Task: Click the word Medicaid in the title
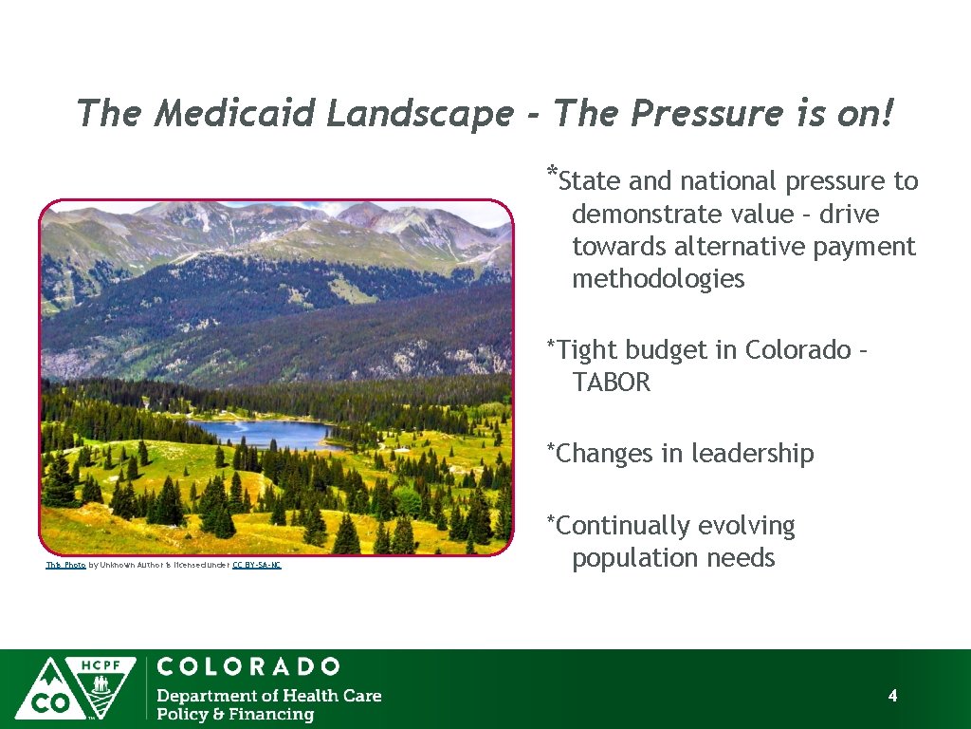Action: tap(237, 114)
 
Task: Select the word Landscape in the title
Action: tap(420, 114)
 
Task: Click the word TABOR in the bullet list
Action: tap(612, 383)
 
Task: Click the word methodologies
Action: tap(658, 279)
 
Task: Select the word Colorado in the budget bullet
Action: tap(798, 350)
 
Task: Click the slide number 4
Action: tap(892, 696)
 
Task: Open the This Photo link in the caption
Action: tap(65, 565)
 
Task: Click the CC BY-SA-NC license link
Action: tap(256, 565)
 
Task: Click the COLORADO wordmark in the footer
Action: tap(248, 666)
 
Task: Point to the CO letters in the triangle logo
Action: tap(44, 703)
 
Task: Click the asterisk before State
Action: tap(551, 174)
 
